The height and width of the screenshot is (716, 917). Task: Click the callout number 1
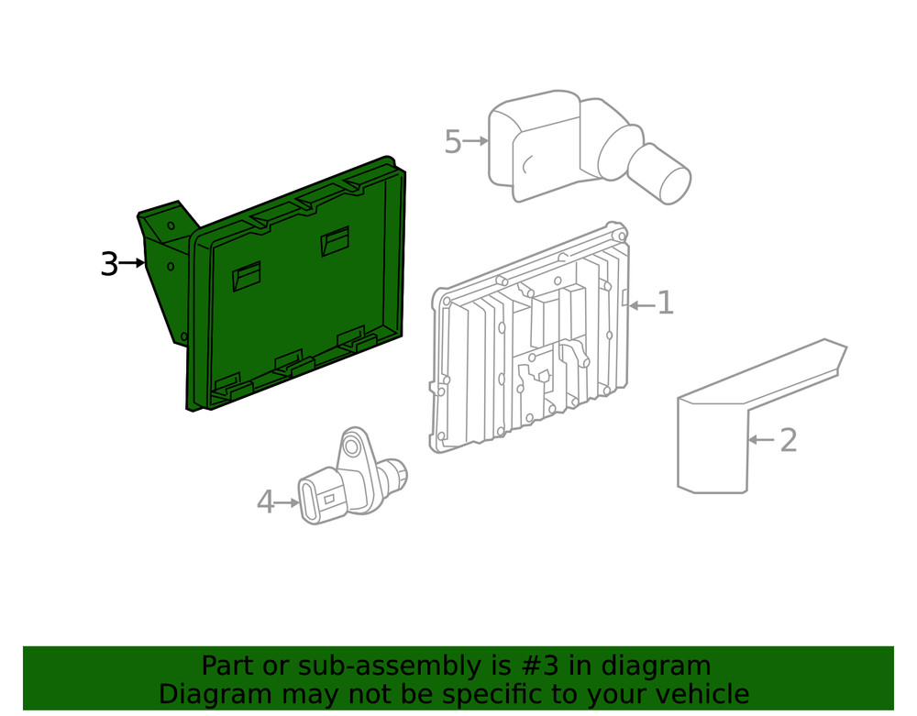click(665, 303)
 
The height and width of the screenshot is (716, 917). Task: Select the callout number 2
click(788, 440)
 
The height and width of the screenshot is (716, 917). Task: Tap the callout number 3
click(109, 264)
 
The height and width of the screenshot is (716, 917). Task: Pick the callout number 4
click(265, 502)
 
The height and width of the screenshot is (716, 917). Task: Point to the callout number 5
click(452, 142)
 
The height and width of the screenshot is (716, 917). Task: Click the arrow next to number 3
click(133, 264)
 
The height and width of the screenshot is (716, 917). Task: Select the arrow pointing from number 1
click(641, 304)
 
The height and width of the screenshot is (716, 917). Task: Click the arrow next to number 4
click(288, 502)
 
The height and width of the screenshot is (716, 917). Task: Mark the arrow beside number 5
click(475, 141)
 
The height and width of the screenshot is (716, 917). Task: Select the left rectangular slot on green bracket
click(247, 276)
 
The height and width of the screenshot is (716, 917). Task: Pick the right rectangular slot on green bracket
click(335, 240)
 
